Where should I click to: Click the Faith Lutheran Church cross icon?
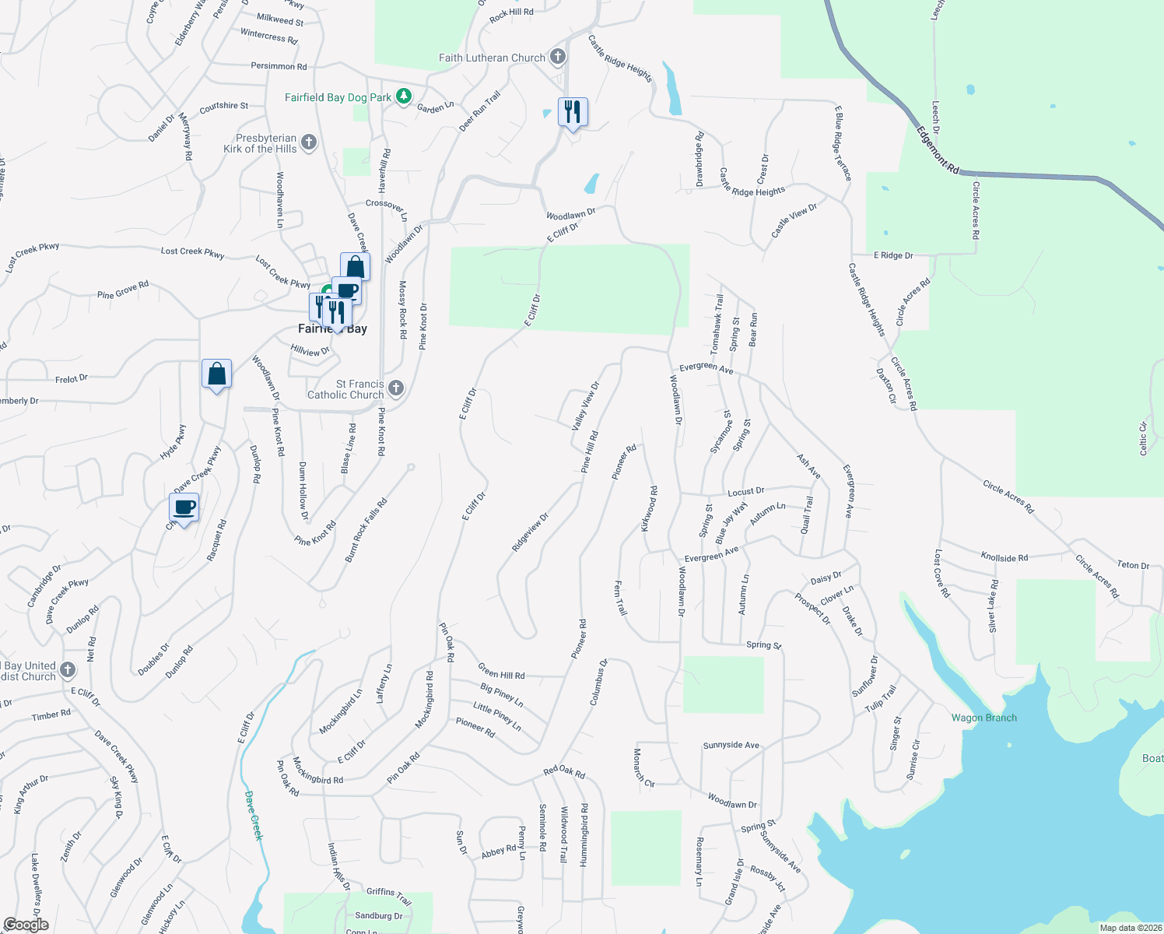[x=557, y=57]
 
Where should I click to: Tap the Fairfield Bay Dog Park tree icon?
[x=403, y=97]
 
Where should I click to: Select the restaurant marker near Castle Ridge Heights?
[x=573, y=112]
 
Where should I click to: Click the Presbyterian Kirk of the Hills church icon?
[x=309, y=142]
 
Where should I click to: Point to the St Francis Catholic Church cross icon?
[x=396, y=388]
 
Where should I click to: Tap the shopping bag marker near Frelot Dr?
[x=216, y=374]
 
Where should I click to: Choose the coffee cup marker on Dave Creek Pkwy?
[x=184, y=508]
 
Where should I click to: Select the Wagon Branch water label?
[x=983, y=718]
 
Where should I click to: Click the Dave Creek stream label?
[x=254, y=816]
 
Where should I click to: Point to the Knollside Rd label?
[x=1004, y=557]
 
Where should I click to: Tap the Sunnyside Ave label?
[x=731, y=745]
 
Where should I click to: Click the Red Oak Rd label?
[x=563, y=771]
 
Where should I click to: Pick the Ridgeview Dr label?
[x=530, y=532]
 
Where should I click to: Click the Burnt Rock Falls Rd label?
[x=365, y=531]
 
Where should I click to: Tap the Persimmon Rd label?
[x=279, y=66]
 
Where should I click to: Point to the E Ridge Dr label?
[x=892, y=255]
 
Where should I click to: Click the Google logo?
[x=26, y=925]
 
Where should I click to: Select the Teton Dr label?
[x=1132, y=565]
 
